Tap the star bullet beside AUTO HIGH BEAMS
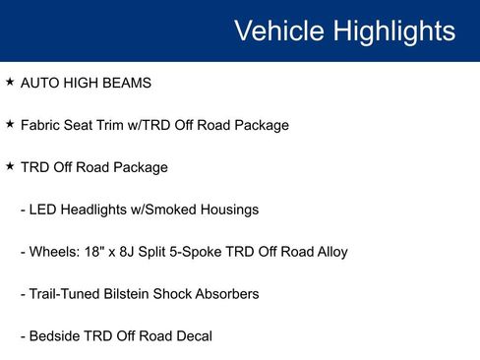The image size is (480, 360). tap(10, 83)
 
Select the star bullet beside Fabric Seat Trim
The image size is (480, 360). tap(10, 125)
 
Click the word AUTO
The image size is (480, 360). tap(38, 84)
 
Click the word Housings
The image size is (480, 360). tap(229, 210)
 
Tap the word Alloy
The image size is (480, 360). tap(330, 252)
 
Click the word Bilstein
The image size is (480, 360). tap(137, 294)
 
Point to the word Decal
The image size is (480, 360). tap(192, 336)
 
